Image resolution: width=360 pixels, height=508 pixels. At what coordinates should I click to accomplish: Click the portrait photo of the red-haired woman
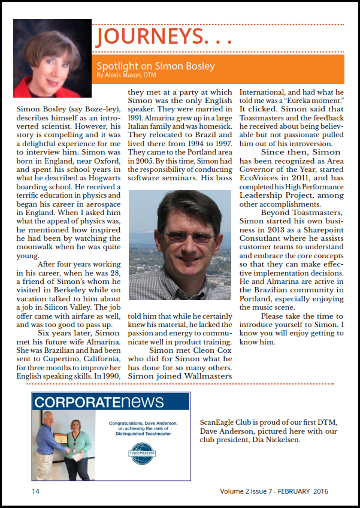tap(52, 58)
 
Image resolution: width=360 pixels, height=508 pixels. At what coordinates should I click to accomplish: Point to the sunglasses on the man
tap(182, 237)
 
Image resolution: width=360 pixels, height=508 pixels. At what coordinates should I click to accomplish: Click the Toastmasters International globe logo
tap(141, 450)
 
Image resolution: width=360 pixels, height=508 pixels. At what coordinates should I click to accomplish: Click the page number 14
tap(36, 491)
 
